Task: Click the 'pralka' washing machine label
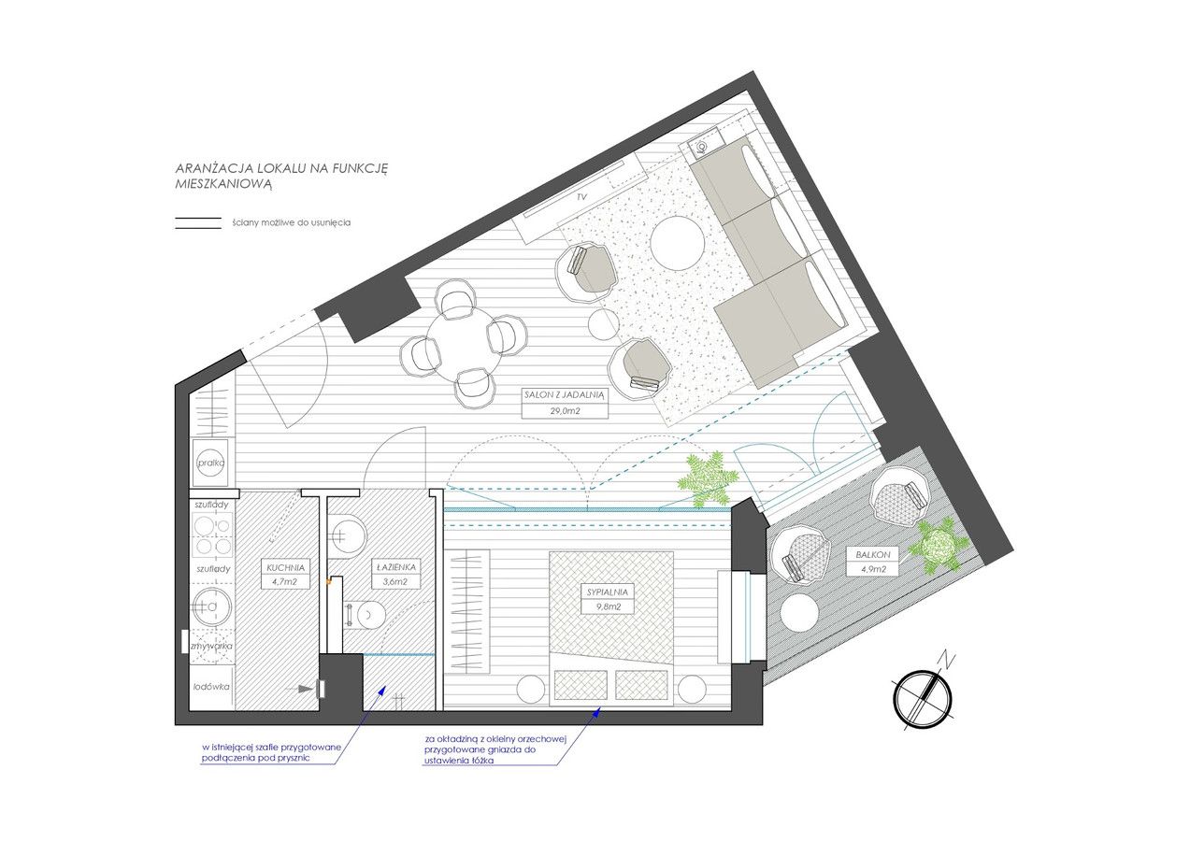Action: pyautogui.click(x=211, y=463)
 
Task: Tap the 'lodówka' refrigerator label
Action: pyautogui.click(x=211, y=687)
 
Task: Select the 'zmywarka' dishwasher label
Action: pyautogui.click(x=211, y=646)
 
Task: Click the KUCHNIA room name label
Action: pyautogui.click(x=286, y=567)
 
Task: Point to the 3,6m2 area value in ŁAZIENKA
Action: pyautogui.click(x=395, y=581)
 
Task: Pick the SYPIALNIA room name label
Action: pyautogui.click(x=608, y=592)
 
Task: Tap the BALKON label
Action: pyautogui.click(x=873, y=555)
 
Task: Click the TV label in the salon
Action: pyautogui.click(x=582, y=197)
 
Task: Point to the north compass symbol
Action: pyautogui.click(x=923, y=696)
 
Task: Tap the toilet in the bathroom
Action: pyautogui.click(x=366, y=614)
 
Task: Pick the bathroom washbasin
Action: pyautogui.click(x=347, y=535)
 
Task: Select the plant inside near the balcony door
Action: pyautogui.click(x=708, y=480)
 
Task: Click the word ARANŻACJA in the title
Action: pyautogui.click(x=213, y=169)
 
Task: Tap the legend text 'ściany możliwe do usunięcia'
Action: pyautogui.click(x=291, y=222)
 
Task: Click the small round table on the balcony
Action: pyautogui.click(x=799, y=612)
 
